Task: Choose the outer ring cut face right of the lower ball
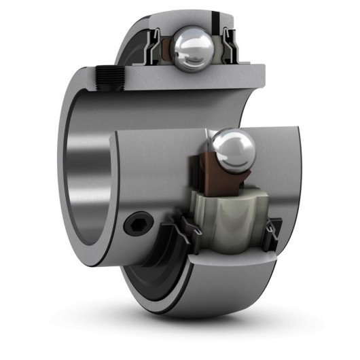click(268, 163)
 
